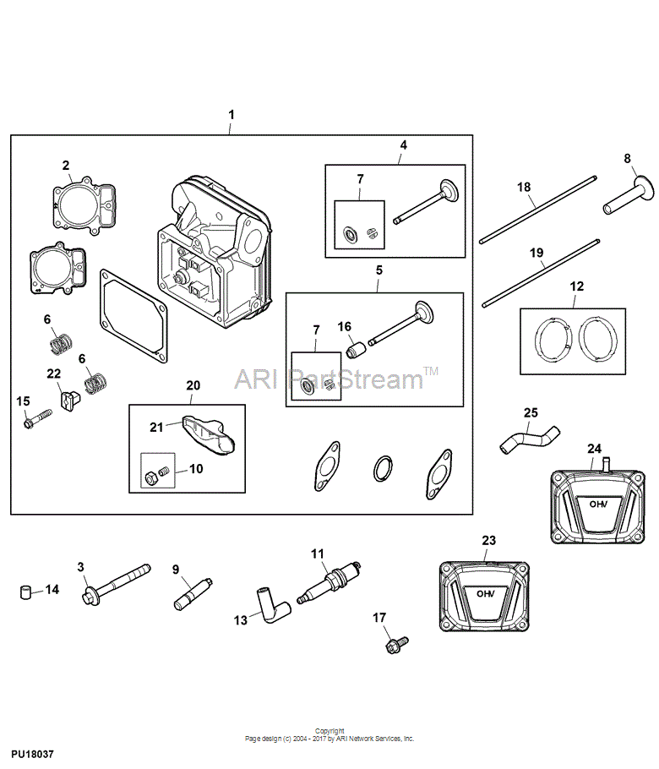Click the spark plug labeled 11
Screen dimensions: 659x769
(329, 581)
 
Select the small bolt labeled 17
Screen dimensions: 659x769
(397, 645)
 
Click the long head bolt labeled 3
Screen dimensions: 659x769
(116, 585)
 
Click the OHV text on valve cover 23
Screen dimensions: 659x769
(486, 594)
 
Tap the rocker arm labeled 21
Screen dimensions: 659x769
(209, 434)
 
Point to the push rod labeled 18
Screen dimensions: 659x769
(538, 210)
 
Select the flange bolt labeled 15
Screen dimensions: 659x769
(37, 419)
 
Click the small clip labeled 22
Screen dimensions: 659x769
(70, 400)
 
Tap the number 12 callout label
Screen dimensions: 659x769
(576, 286)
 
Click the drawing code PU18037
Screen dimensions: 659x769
(32, 754)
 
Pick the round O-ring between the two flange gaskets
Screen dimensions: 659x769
(383, 469)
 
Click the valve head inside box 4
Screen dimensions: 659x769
(449, 189)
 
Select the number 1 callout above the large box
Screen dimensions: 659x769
(231, 115)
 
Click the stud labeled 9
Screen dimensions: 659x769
(193, 594)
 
